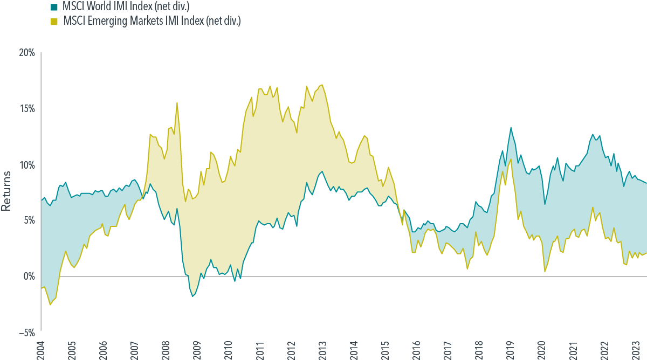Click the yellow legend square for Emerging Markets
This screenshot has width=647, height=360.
[54, 21]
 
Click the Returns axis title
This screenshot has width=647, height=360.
[6, 191]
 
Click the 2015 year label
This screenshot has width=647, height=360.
[384, 349]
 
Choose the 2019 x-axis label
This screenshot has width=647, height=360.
[510, 349]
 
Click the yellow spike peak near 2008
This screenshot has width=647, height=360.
[177, 102]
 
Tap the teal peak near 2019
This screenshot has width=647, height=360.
[511, 127]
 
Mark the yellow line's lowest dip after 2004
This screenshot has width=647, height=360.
[50, 305]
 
